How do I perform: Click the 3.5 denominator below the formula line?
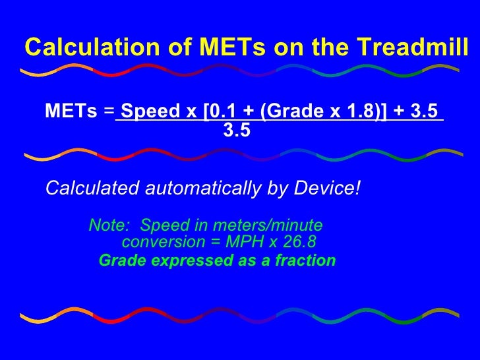click(237, 131)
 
